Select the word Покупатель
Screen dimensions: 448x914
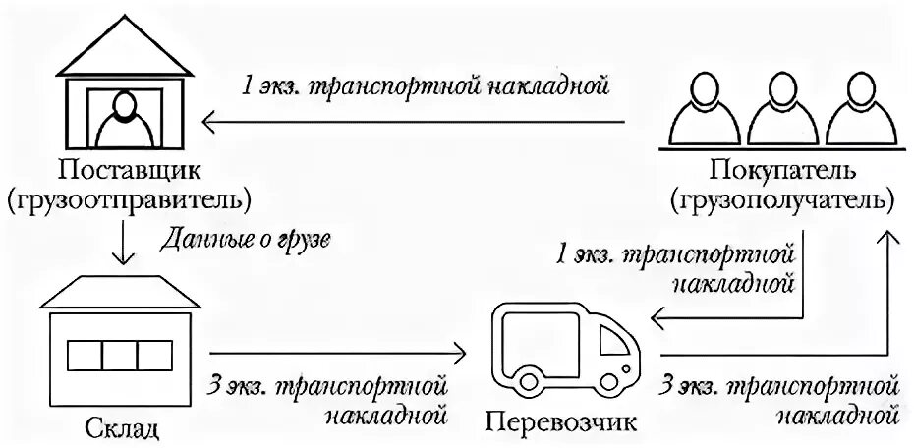coord(783,173)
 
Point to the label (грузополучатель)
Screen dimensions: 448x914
coord(783,202)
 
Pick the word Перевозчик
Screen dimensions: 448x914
coord(561,423)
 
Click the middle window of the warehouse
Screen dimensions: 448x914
coord(118,354)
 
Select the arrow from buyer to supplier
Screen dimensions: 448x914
coord(413,122)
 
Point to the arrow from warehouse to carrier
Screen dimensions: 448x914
coord(334,352)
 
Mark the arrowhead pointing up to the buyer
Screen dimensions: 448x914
coord(888,237)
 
